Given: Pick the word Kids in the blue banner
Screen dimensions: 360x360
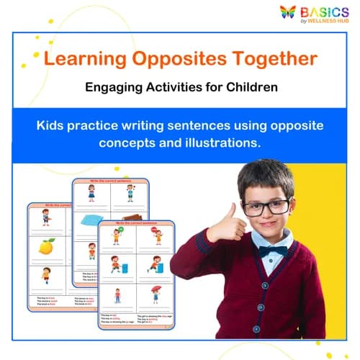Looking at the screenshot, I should (x=53, y=125).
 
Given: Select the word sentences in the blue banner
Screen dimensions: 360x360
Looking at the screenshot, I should (x=184, y=125).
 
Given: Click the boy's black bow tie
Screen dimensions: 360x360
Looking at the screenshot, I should (x=273, y=252).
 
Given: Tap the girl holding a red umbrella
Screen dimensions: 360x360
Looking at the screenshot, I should (x=156, y=294).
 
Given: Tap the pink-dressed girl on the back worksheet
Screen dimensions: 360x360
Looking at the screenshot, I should (x=91, y=193).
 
